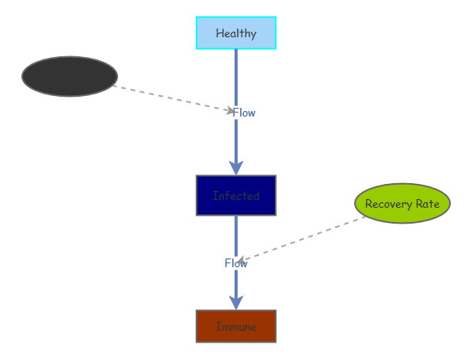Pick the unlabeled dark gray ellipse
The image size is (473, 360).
(70, 76)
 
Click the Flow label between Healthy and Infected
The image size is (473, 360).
(244, 113)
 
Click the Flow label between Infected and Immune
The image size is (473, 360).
(236, 263)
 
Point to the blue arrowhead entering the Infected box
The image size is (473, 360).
(236, 167)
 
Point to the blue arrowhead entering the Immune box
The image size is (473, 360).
(236, 302)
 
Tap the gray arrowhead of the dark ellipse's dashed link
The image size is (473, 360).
(231, 110)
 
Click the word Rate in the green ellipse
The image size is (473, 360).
(426, 204)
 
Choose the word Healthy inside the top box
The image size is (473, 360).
(236, 33)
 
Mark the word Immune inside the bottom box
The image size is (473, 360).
(236, 327)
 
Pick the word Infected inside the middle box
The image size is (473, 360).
(236, 196)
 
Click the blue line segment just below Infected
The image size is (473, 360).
(236, 234)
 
